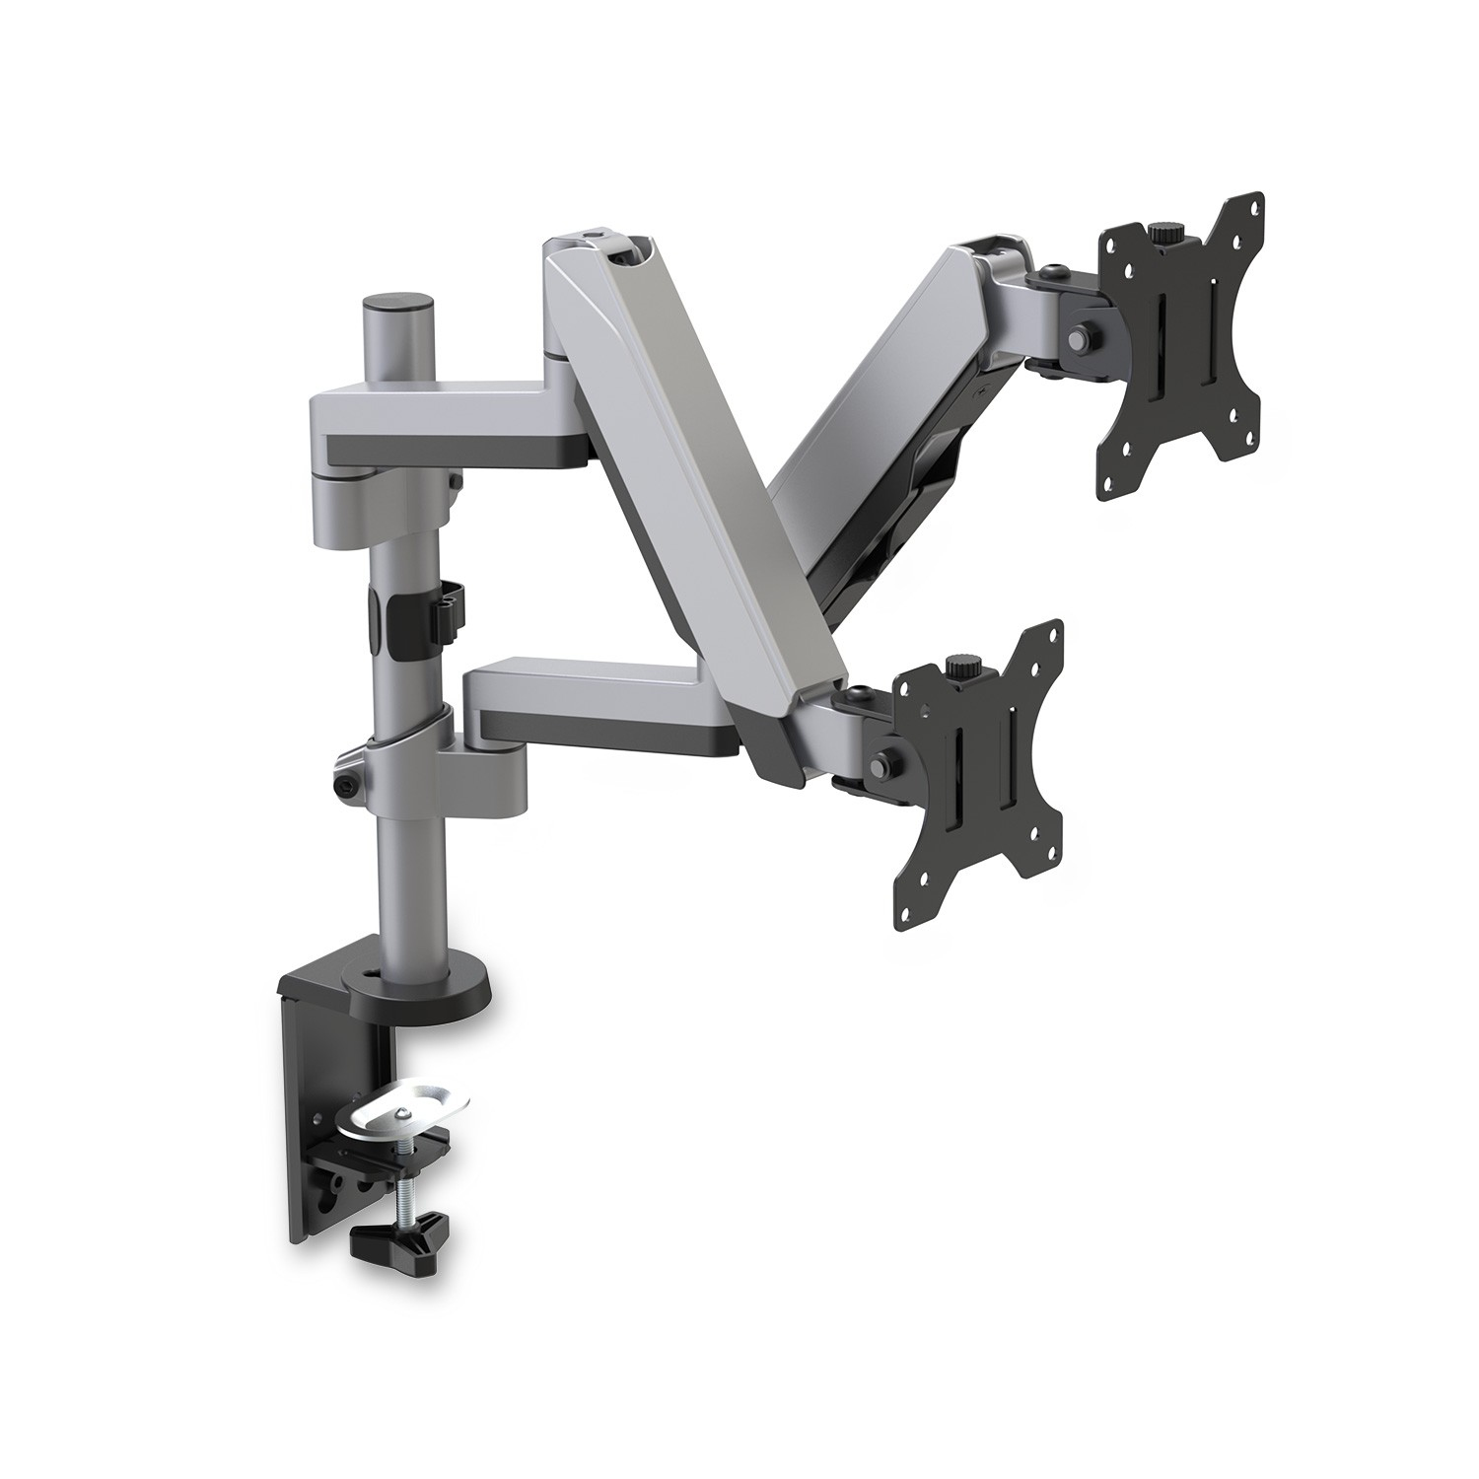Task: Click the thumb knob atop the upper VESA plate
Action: click(x=1162, y=235)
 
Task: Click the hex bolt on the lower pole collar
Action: click(x=348, y=786)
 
